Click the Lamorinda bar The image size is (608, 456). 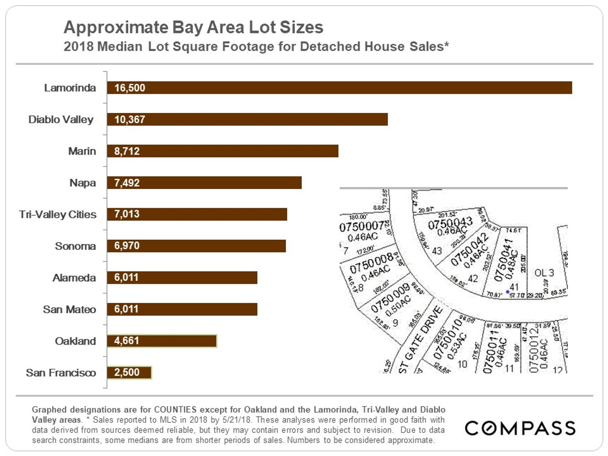(x=339, y=88)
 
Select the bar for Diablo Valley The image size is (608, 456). (x=247, y=120)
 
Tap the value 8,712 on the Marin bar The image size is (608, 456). (x=127, y=151)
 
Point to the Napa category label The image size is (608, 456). (x=83, y=183)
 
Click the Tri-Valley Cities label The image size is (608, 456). (x=58, y=214)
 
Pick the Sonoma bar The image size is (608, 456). (x=197, y=246)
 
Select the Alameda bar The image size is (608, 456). (x=182, y=278)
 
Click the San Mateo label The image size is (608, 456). (x=69, y=309)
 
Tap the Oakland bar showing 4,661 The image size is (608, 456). (x=162, y=341)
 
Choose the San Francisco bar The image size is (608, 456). (x=130, y=373)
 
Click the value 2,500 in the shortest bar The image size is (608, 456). (x=127, y=373)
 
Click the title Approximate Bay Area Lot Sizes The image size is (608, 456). (x=193, y=28)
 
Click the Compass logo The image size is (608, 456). (x=520, y=428)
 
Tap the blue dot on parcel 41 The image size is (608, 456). (x=508, y=292)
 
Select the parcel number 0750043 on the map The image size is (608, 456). (x=450, y=223)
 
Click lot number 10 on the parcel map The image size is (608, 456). (x=462, y=364)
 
